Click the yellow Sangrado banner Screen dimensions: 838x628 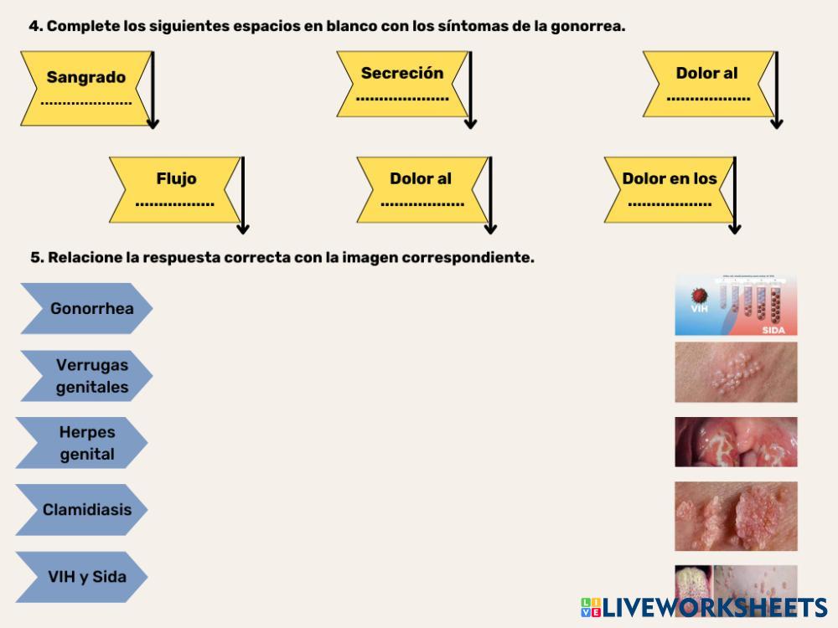[x=85, y=88]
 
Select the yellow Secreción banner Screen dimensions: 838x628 [x=402, y=84]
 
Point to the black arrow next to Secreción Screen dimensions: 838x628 [x=470, y=90]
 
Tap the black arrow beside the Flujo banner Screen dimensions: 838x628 [x=243, y=194]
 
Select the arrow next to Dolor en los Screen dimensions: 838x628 [x=735, y=194]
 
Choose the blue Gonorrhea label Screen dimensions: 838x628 [x=88, y=308]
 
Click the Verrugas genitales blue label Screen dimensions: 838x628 [x=88, y=376]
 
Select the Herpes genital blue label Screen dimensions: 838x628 [x=84, y=443]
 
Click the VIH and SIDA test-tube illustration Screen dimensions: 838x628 [x=736, y=305]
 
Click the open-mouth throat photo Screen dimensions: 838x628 [x=736, y=441]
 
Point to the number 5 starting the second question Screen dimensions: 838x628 [x=34, y=258]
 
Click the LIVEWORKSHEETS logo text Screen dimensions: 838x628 [x=712, y=608]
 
